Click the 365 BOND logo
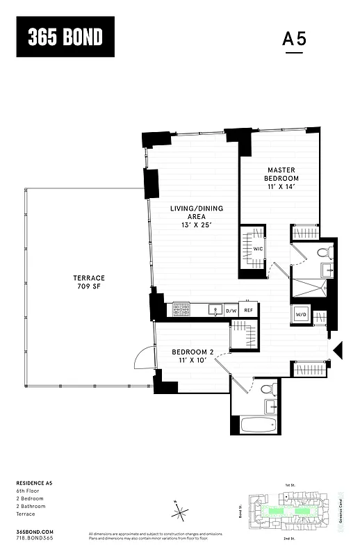tap(65, 38)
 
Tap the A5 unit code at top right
tap(295, 40)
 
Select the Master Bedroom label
tap(281, 178)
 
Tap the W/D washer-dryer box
tap(302, 313)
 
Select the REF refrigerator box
tap(248, 311)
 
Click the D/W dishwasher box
tap(231, 311)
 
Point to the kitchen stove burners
tap(181, 309)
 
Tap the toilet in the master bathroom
tap(323, 253)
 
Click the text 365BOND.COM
tap(34, 530)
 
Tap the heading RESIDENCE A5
tap(35, 482)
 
